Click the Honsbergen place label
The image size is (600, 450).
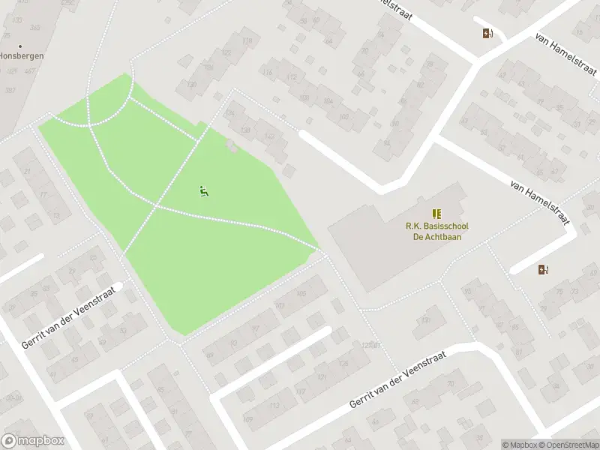pos(21,55)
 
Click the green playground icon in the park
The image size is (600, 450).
pos(202,191)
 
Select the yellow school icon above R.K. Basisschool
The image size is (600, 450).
pos(436,214)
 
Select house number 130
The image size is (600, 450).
pos(191,85)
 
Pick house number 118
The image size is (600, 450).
pos(247,40)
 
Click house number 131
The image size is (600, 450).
pos(427,320)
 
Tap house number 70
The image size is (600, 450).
pos(449,385)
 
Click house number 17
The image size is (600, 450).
pos(43,195)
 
